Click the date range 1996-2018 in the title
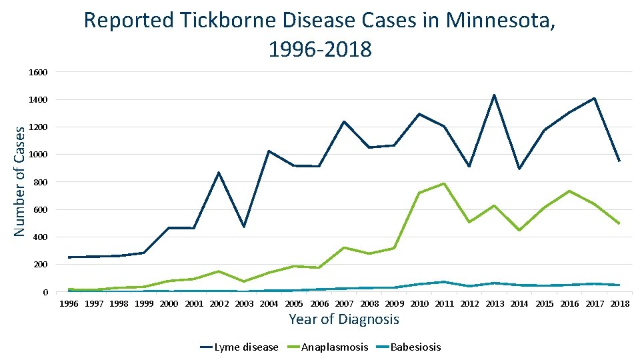coord(320,49)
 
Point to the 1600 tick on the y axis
coord(38,72)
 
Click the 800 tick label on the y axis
coord(40,182)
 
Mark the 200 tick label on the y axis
coord(40,265)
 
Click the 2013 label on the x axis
coord(494,304)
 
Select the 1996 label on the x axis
coord(69,304)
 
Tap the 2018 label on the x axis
coord(619,304)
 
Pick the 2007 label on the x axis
coord(344,304)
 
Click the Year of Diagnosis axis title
coord(343,319)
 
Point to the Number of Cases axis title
coord(20,181)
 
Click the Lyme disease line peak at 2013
coord(494,95)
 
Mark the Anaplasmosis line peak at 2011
coord(444,183)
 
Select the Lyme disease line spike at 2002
coord(219,173)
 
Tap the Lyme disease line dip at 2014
coord(519,169)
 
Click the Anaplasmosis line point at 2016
coord(569,191)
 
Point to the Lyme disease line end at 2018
coord(619,161)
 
